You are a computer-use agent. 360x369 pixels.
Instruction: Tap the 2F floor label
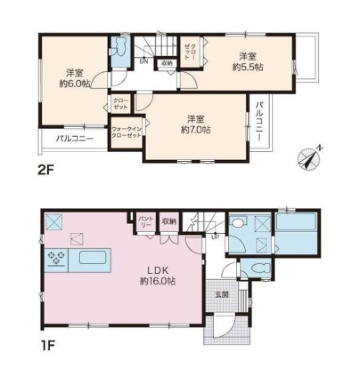[x=47, y=170]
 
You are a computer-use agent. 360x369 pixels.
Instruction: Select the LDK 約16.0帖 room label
[x=158, y=276]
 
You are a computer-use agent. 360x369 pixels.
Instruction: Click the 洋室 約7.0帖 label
[x=196, y=125]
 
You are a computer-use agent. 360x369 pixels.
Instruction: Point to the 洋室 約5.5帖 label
[x=248, y=62]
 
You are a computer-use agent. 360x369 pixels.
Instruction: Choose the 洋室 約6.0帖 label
[x=75, y=78]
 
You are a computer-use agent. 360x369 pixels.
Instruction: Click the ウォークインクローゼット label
[x=126, y=133]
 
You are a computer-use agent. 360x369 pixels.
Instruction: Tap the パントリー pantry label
[x=146, y=222]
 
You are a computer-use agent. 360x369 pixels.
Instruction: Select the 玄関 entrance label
[x=222, y=294]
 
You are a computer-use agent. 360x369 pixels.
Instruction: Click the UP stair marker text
[x=215, y=237]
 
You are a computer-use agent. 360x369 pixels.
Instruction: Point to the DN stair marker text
[x=144, y=62]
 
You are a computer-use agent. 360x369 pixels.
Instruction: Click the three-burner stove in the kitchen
[x=57, y=258]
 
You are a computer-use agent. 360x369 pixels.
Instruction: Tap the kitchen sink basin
[x=92, y=258]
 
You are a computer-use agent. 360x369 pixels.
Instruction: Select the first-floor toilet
[x=261, y=268]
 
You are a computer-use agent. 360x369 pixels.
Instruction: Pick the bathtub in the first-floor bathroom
[x=296, y=221]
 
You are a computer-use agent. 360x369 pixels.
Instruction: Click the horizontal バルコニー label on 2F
[x=75, y=139]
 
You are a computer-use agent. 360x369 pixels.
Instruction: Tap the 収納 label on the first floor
[x=169, y=221]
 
